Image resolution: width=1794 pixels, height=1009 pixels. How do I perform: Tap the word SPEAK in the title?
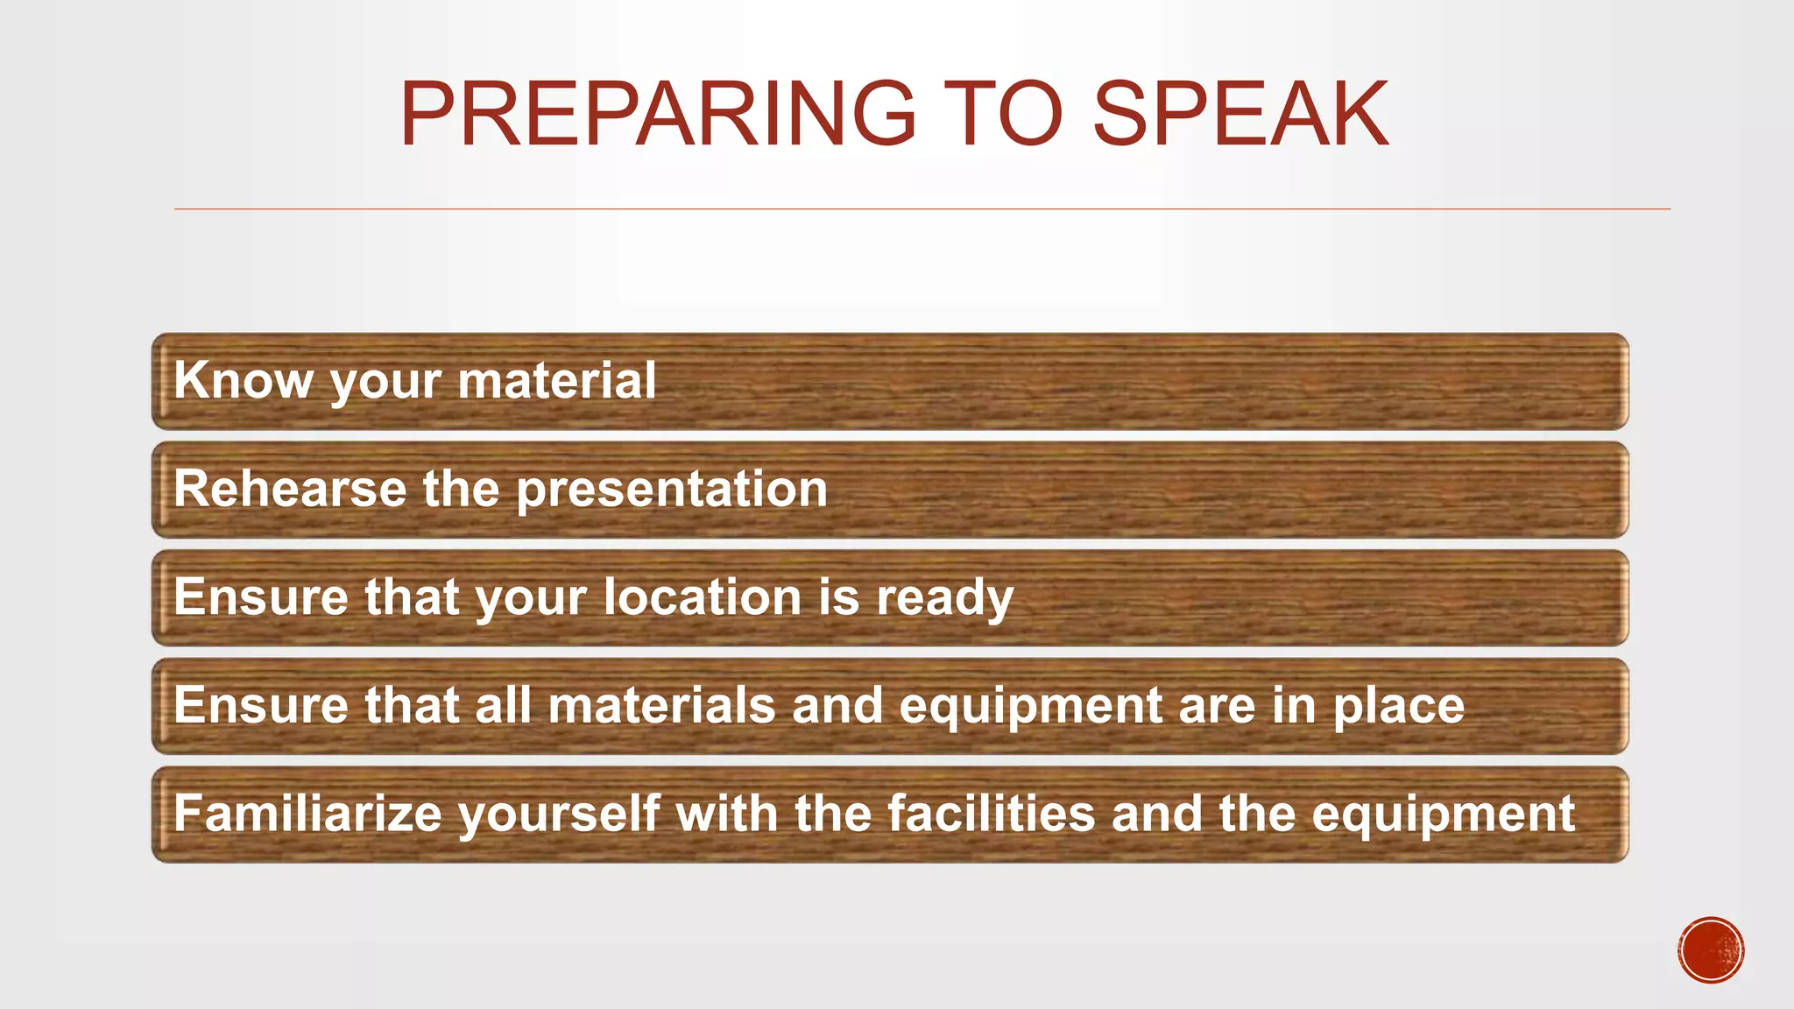click(x=1240, y=114)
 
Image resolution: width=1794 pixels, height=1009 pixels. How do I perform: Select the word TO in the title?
click(x=1005, y=114)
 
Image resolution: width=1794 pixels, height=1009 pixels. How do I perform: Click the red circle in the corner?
click(x=1711, y=950)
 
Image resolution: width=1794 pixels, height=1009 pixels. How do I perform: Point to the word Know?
click(x=243, y=381)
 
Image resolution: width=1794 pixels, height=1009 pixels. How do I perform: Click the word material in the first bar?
click(x=556, y=381)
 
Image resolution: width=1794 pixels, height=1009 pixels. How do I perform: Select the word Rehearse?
click(x=290, y=489)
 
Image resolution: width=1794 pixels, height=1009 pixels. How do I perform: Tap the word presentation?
click(x=672, y=489)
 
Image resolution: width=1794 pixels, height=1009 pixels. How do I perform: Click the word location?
click(x=703, y=597)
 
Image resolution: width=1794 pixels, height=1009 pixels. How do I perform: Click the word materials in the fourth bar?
click(x=661, y=705)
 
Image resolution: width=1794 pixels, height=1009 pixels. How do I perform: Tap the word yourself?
click(x=559, y=815)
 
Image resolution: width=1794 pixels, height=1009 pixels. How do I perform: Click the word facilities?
click(x=991, y=814)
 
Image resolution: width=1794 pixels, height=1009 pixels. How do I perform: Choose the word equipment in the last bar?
click(x=1443, y=815)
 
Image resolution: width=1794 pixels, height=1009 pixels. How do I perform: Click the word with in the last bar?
click(x=726, y=814)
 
